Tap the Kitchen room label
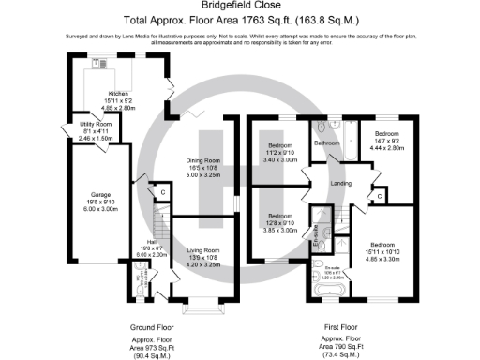click(x=117, y=95)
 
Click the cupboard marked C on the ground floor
click(x=163, y=192)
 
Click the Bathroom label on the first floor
click(x=326, y=143)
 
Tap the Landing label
click(x=340, y=184)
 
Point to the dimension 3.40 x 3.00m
click(x=280, y=160)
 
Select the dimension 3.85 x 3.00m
click(x=279, y=230)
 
